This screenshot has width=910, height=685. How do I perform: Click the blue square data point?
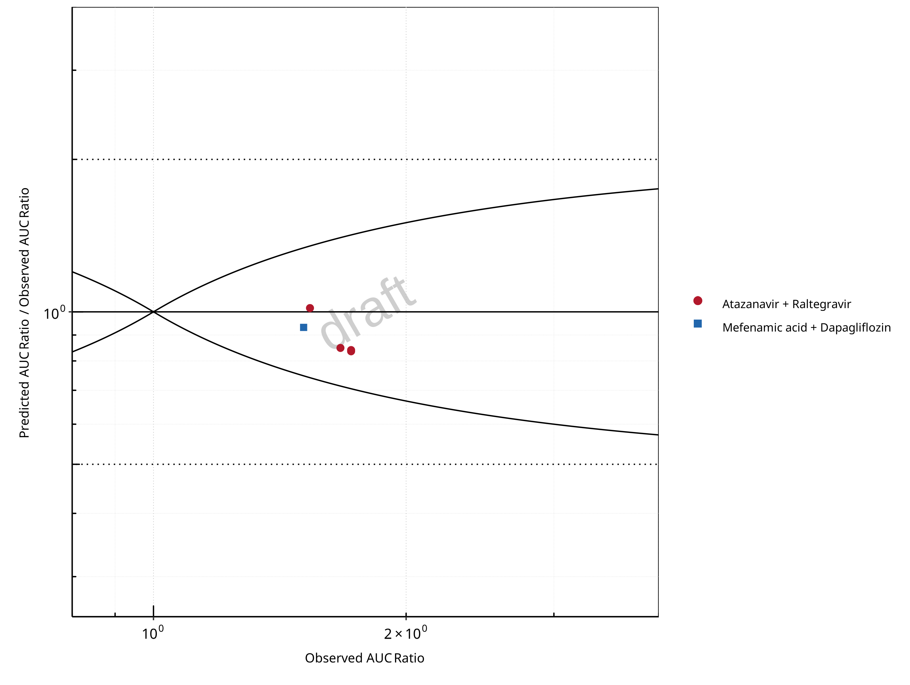coord(304,327)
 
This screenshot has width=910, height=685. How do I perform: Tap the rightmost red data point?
coord(351,351)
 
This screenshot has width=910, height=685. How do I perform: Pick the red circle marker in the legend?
coord(698,300)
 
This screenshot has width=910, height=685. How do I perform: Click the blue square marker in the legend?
coord(698,324)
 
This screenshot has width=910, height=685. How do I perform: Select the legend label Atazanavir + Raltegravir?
coord(787,304)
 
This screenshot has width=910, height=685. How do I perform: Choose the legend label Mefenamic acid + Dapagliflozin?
coord(806,328)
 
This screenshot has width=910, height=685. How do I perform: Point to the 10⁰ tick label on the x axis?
coord(153,634)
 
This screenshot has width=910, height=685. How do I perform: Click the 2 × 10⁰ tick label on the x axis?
coord(405,634)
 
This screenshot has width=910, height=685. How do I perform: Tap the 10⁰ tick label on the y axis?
coord(54,313)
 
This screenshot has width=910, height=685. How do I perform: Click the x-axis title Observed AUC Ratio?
coord(365,658)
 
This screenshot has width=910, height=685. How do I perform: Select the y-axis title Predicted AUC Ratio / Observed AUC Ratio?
coord(24,312)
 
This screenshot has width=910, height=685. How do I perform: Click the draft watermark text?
coord(368,312)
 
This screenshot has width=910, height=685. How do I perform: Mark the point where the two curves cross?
coord(153,312)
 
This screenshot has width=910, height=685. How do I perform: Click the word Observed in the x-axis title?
coord(334,658)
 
